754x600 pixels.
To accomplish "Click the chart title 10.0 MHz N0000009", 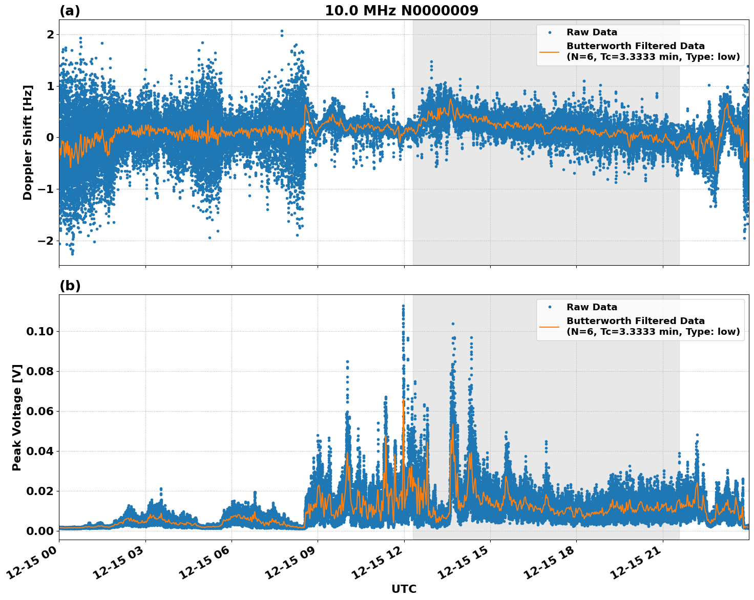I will pos(401,11).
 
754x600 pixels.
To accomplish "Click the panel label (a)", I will pos(70,11).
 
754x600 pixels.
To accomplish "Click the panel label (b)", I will pos(70,286).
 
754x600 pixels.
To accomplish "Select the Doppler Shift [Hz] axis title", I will pos(28,142).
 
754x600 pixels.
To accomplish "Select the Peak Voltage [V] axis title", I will pos(17,417).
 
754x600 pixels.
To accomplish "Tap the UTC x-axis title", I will pos(404,589).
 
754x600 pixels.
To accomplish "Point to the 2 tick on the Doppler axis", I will pos(50,35).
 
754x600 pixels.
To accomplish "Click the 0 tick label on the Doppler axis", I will pos(50,138).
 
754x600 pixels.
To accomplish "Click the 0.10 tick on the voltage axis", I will pos(39,332).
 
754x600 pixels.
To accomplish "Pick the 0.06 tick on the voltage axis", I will pos(39,412).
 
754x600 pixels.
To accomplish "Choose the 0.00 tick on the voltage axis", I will pos(39,531).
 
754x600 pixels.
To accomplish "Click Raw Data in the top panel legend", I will pos(592,32).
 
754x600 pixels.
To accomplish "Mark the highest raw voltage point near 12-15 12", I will pos(403,306).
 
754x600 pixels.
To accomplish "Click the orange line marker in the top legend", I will pos(549,51).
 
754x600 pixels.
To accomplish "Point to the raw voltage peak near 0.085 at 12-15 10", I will pos(347,361).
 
